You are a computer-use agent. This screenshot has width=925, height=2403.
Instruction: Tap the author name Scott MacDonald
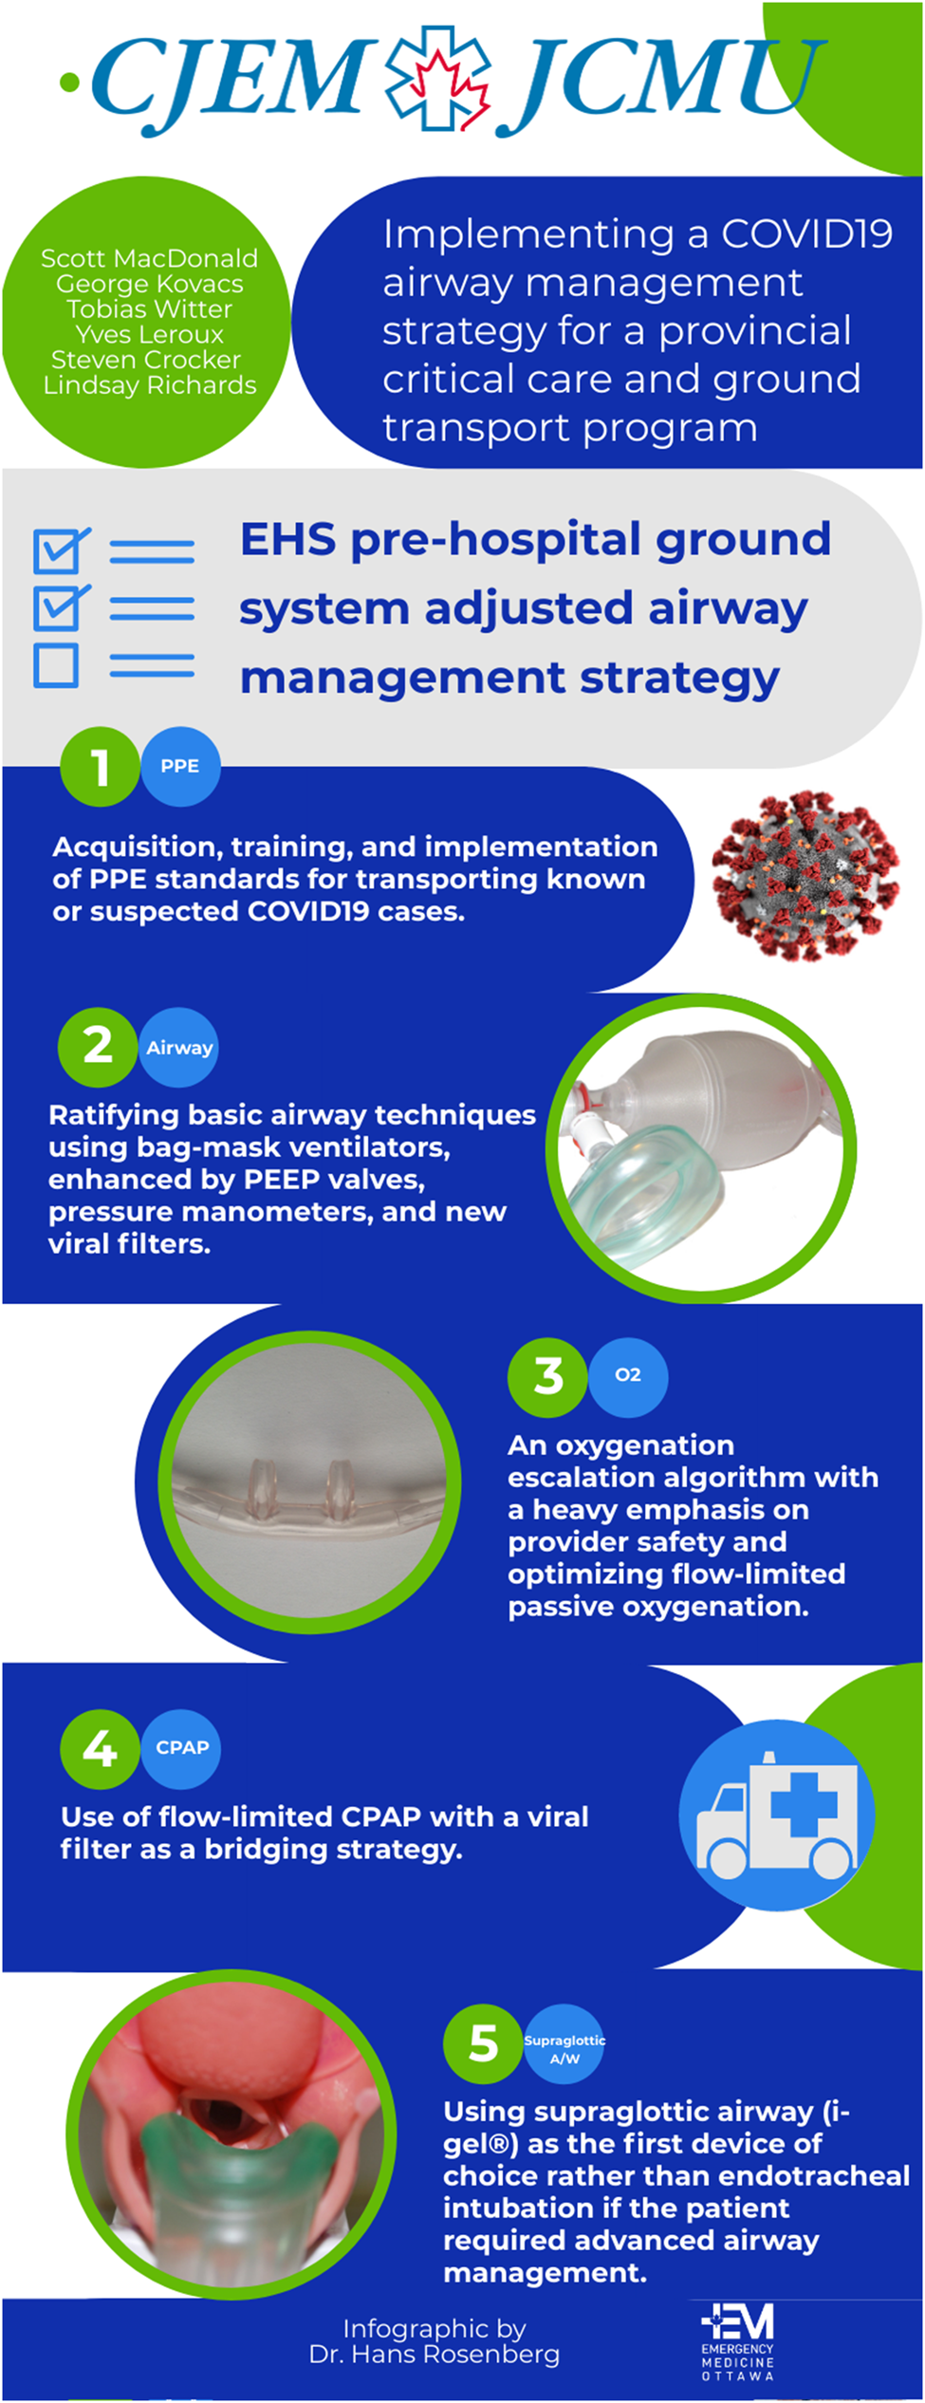(x=149, y=258)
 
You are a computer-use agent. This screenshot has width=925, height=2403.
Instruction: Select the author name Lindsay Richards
(x=150, y=385)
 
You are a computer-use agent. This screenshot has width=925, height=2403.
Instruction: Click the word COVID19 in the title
(x=807, y=233)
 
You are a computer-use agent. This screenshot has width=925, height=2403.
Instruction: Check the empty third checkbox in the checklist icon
(x=56, y=665)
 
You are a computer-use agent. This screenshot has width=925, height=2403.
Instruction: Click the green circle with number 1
(x=100, y=767)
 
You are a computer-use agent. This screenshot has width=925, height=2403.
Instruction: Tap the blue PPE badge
(x=180, y=767)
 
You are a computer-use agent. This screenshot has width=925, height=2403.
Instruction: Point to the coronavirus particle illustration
(x=805, y=876)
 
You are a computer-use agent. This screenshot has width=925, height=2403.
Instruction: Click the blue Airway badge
(x=179, y=1048)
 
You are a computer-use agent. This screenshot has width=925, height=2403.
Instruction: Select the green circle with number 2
(x=98, y=1048)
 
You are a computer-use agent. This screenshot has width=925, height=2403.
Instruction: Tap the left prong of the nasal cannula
(x=262, y=1486)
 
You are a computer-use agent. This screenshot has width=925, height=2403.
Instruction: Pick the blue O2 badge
(x=628, y=1376)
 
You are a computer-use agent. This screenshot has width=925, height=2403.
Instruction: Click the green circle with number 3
(x=547, y=1376)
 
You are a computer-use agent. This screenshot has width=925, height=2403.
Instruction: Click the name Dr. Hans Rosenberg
(x=435, y=2355)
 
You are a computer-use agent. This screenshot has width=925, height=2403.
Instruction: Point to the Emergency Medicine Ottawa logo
(x=738, y=2342)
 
